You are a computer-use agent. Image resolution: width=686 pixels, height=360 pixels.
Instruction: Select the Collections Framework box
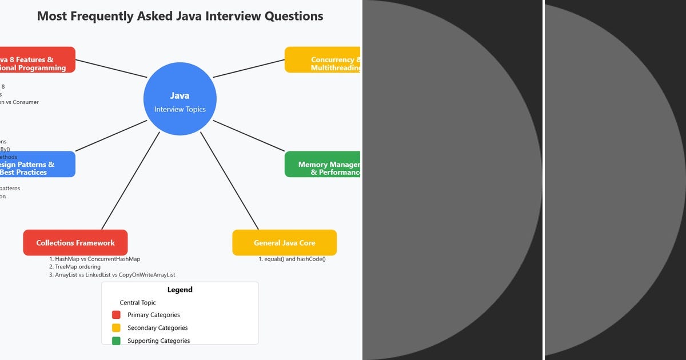[75, 243]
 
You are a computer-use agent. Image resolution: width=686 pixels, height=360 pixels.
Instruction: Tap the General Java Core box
[284, 243]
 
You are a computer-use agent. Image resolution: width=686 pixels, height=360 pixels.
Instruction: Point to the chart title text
[180, 16]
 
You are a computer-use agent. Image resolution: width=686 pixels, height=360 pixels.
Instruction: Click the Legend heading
[180, 290]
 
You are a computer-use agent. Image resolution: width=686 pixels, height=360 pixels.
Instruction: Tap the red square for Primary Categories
[116, 315]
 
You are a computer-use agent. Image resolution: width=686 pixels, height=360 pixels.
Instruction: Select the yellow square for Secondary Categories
[116, 328]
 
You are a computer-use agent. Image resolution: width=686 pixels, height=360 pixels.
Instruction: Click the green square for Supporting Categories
[116, 341]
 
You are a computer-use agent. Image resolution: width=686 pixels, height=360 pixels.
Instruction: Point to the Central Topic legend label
[138, 303]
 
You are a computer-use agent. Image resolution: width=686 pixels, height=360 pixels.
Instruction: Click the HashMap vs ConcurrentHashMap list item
[94, 259]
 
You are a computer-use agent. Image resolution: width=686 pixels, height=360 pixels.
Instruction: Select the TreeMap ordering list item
[74, 267]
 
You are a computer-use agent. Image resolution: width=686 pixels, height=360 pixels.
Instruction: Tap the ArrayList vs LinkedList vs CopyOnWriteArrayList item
[112, 275]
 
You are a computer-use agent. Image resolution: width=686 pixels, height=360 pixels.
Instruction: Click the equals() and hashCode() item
[292, 259]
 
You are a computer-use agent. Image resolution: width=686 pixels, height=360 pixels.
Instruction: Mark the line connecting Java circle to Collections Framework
[130, 181]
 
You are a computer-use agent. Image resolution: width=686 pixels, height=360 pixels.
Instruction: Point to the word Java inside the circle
[180, 96]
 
